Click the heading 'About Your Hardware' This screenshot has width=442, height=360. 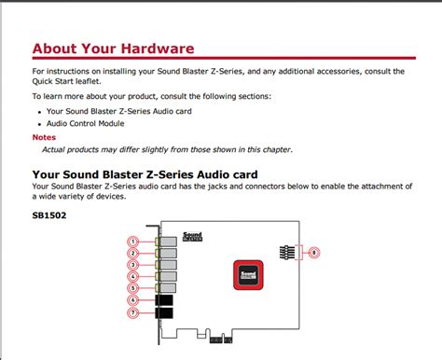coord(113,48)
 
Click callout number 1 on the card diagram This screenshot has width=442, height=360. coord(133,242)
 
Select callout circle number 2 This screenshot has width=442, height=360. coord(133,253)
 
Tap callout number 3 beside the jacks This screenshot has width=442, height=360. coord(133,265)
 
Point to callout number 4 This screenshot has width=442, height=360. coord(133,276)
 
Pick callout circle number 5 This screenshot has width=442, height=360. coord(133,287)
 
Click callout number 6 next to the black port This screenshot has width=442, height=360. coord(133,299)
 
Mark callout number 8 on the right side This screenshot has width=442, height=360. coord(314,253)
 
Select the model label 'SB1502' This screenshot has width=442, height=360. coord(49,215)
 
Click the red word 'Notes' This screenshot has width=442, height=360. coord(44,138)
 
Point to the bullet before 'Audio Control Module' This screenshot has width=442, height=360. coord(39,123)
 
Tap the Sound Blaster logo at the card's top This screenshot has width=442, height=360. coord(192,238)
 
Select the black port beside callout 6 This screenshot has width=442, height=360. coord(164,300)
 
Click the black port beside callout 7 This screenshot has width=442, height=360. coord(164,314)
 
